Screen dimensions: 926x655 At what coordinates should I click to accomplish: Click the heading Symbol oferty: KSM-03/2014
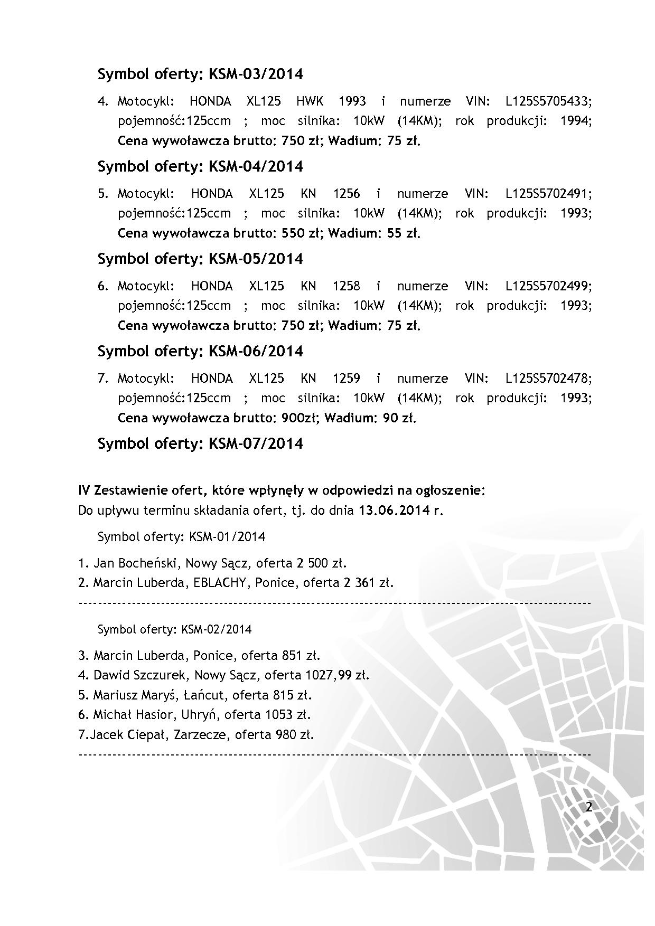click(x=200, y=74)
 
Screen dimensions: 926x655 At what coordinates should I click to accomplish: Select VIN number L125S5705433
click(x=548, y=101)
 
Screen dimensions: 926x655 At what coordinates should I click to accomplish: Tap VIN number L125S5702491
click(x=548, y=194)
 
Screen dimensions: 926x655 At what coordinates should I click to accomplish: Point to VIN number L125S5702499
click(x=548, y=286)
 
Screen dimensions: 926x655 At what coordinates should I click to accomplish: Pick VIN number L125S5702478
click(x=548, y=379)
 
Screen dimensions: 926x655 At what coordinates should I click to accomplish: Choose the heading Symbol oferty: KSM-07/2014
click(x=200, y=443)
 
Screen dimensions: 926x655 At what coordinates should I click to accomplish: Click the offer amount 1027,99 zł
click(x=336, y=675)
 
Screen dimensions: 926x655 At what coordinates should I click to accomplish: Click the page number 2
click(x=589, y=807)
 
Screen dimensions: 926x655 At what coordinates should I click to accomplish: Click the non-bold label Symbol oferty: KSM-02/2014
click(x=175, y=629)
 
